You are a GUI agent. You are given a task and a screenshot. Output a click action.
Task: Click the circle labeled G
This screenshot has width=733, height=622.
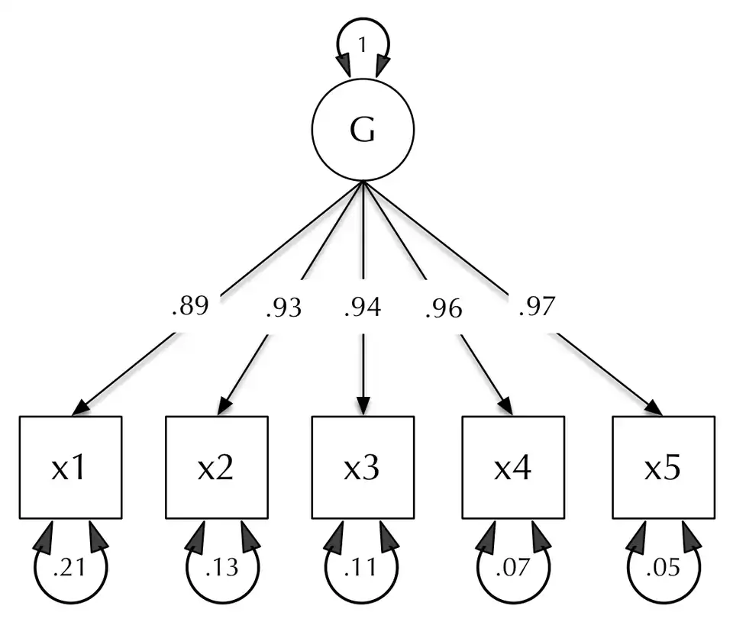click(x=363, y=131)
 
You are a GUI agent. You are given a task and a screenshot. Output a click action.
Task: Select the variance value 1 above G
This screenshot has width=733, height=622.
click(x=363, y=46)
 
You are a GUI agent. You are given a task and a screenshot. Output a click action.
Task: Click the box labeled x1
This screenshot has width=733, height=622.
click(x=69, y=467)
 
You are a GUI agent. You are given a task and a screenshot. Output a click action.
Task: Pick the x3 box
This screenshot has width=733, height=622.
click(x=363, y=467)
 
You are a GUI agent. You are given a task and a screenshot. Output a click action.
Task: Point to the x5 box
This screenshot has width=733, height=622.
click(x=662, y=467)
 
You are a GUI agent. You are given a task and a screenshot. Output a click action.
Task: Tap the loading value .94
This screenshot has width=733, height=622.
click(x=363, y=308)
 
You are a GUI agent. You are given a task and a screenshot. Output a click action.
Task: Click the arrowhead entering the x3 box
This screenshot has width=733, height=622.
click(x=363, y=407)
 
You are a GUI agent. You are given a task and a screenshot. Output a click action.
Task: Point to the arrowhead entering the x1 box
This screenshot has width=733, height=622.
click(x=81, y=408)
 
